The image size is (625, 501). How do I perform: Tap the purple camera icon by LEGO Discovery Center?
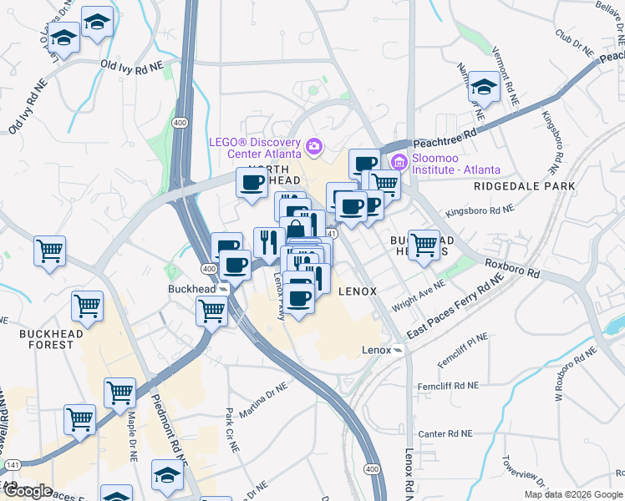[x=314, y=148]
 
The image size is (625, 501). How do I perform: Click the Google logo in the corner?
[x=27, y=491]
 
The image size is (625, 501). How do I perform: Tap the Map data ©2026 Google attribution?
[x=572, y=494]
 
